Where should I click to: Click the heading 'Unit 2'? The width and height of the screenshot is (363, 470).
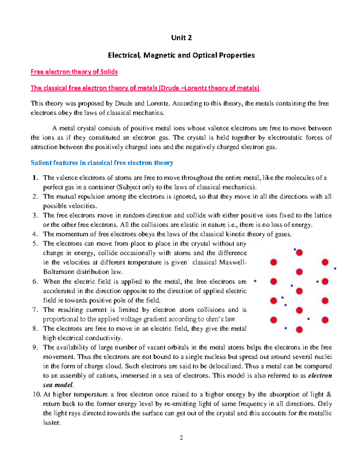(x=181, y=38)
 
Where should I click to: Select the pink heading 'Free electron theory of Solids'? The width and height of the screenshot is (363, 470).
(x=74, y=72)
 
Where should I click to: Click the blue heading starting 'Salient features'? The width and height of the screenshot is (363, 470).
(x=102, y=163)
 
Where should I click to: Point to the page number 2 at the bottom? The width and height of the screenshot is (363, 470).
(x=181, y=438)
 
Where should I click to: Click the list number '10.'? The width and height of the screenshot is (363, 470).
(x=37, y=394)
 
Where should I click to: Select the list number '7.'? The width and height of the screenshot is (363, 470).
(x=35, y=310)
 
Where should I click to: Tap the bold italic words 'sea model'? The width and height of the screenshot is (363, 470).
(x=58, y=385)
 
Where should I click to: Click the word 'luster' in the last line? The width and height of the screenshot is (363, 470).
(x=51, y=422)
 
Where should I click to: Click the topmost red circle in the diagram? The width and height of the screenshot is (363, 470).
(x=299, y=253)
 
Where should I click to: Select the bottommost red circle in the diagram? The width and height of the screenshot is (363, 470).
(x=299, y=330)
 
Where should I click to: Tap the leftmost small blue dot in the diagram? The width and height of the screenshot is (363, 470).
(x=255, y=281)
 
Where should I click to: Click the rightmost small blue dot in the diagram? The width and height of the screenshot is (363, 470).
(x=335, y=268)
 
